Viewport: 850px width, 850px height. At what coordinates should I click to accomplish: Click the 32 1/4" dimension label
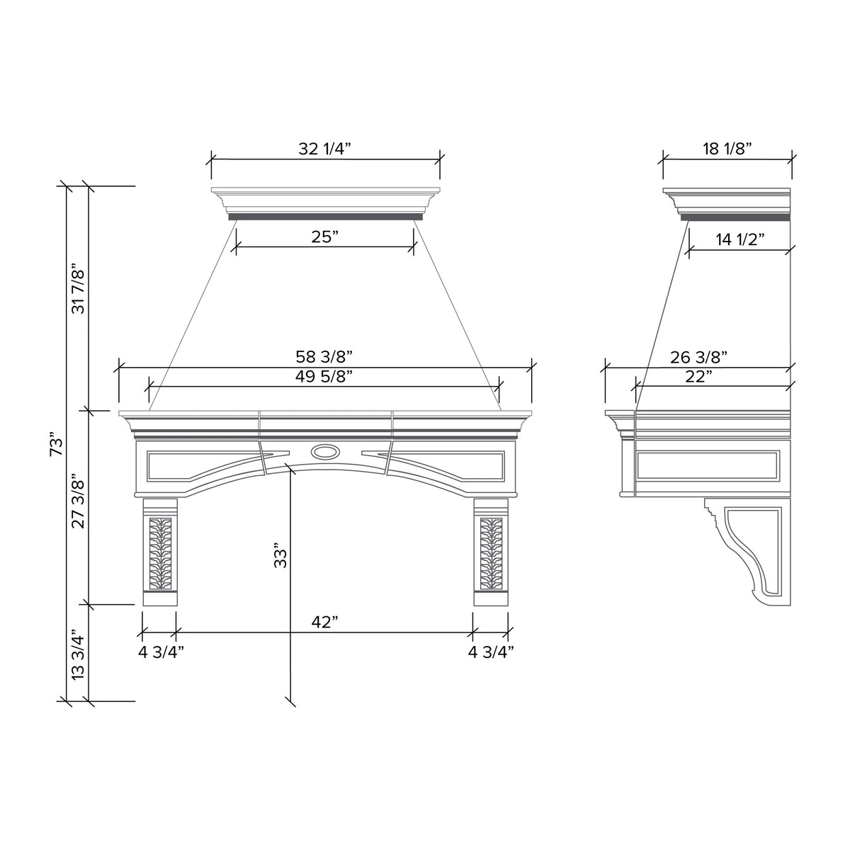coord(324,149)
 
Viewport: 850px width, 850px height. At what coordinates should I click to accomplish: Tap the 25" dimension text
coord(324,237)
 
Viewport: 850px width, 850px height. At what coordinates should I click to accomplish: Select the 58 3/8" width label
coord(324,356)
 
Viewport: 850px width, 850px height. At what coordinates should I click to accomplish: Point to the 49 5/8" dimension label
coord(324,376)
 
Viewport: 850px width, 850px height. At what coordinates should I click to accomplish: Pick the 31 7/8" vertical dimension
coord(79,290)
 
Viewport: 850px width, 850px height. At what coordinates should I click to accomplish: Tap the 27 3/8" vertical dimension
coord(79,502)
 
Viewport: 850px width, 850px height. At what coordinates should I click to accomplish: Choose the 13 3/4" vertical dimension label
coord(79,657)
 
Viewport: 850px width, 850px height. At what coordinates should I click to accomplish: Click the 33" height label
coord(280,555)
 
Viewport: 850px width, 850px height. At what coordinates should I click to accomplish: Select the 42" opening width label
coord(324,622)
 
